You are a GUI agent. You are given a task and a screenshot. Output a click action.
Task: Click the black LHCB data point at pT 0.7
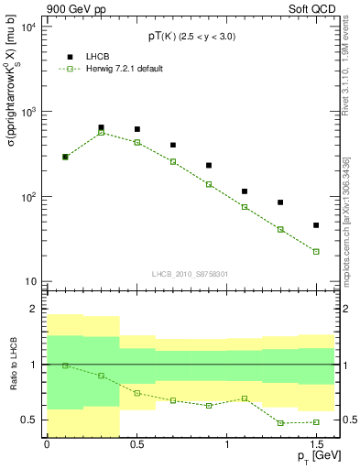coord(173,145)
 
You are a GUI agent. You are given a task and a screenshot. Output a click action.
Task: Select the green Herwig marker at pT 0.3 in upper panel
coord(101,132)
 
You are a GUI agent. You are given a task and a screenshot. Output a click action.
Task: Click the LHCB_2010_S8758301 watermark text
coord(190,273)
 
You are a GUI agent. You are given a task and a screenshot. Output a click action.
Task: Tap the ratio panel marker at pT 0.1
coord(65,365)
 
